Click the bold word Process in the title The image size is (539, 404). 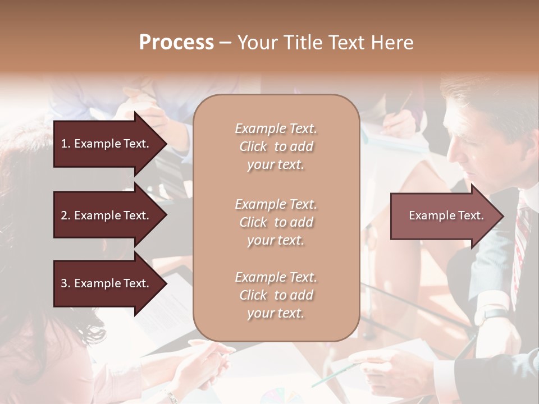[x=176, y=43]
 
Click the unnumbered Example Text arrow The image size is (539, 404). [x=446, y=215]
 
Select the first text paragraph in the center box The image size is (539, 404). [x=276, y=146]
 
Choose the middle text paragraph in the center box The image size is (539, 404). [x=276, y=222]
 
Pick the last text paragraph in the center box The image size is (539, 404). [x=276, y=295]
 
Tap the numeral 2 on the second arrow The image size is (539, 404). [x=64, y=215]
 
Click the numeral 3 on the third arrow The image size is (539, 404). [x=64, y=283]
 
